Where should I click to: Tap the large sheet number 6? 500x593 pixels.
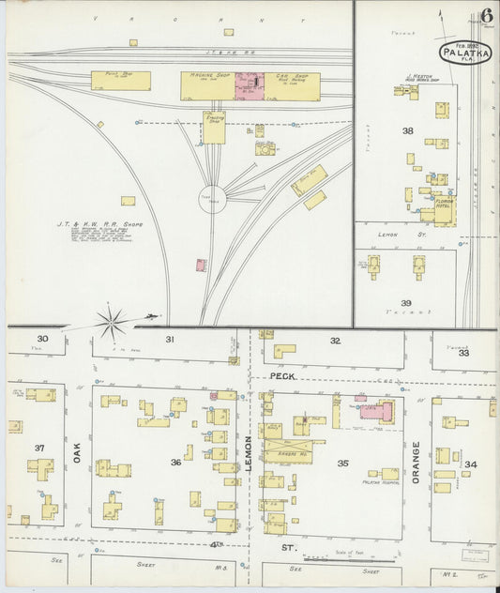click(488, 15)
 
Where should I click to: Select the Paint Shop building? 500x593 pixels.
click(121, 82)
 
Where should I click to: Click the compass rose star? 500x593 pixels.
click(112, 324)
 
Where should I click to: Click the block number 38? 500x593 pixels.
click(407, 131)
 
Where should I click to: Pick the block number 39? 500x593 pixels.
click(405, 303)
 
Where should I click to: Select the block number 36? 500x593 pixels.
click(175, 462)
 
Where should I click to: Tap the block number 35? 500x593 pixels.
click(343, 463)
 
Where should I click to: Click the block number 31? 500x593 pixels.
click(170, 339)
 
